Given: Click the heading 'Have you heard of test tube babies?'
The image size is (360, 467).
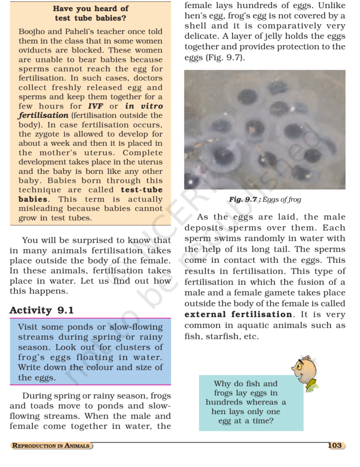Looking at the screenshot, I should point(90,13).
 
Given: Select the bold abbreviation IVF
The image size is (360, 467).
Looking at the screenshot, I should point(96,106).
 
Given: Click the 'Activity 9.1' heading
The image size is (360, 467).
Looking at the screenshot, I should point(42,310).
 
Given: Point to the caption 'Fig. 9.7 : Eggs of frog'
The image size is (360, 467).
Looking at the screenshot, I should point(265,200).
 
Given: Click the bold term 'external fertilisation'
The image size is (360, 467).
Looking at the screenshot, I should point(239,315).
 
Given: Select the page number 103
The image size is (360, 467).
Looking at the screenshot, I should point(335,445).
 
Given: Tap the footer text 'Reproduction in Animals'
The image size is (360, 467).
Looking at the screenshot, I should point(51,446).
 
